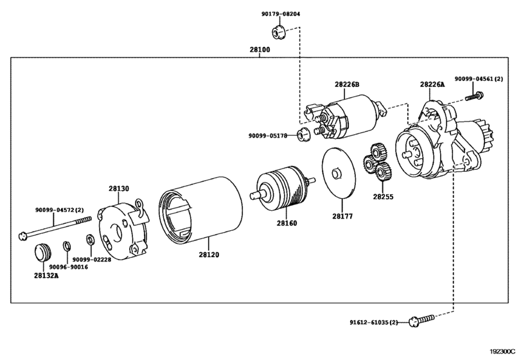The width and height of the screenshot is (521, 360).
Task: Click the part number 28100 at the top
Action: click(260, 50)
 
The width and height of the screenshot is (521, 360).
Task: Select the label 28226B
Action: click(347, 84)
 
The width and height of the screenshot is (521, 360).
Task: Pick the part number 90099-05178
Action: click(271, 136)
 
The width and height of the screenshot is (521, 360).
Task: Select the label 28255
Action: click(383, 194)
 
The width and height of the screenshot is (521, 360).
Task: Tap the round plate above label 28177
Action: click(338, 173)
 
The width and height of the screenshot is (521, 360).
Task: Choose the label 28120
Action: click(208, 255)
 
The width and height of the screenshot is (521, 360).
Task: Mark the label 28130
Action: click(118, 188)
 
